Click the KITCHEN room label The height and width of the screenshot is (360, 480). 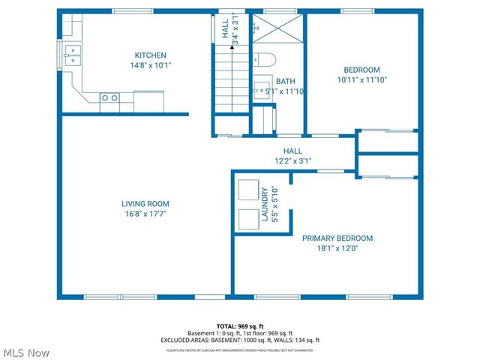(x=150, y=55)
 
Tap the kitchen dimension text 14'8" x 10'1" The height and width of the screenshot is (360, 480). (x=150, y=64)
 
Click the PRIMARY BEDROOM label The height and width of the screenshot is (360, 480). (x=337, y=238)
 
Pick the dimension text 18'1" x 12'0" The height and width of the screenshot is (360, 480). (x=337, y=248)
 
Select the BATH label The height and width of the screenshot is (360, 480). (x=285, y=81)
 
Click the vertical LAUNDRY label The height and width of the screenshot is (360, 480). (x=264, y=204)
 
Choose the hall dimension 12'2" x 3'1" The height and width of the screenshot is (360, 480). (x=292, y=160)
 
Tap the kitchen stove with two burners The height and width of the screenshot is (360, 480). (x=109, y=97)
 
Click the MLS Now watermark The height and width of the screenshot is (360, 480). (x=26, y=352)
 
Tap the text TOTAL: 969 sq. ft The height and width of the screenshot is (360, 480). (x=240, y=326)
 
